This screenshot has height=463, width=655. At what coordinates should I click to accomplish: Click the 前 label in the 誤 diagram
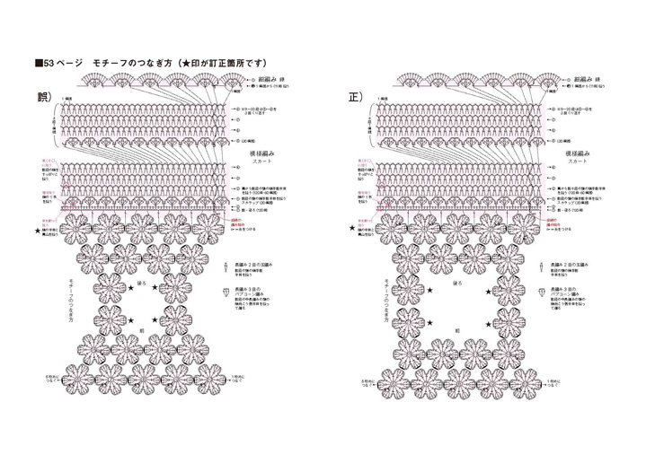click(141, 328)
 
